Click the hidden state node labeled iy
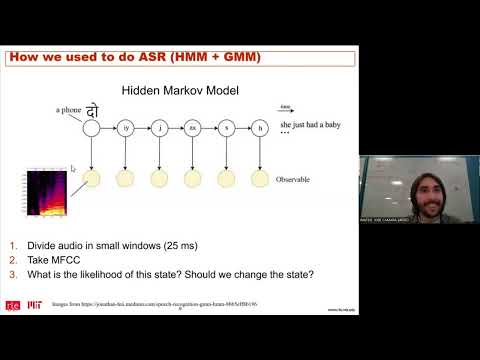pos(126,128)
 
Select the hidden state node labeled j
pos(159,128)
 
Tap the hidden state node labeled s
pos(226,128)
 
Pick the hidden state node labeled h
pos(260,128)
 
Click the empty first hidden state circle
pos(92,128)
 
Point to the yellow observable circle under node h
pos(260,179)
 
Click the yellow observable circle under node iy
pos(126,179)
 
